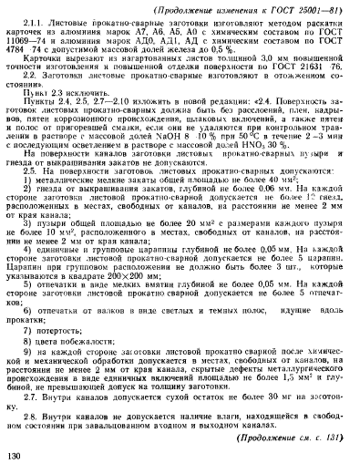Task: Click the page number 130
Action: pos(15,457)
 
